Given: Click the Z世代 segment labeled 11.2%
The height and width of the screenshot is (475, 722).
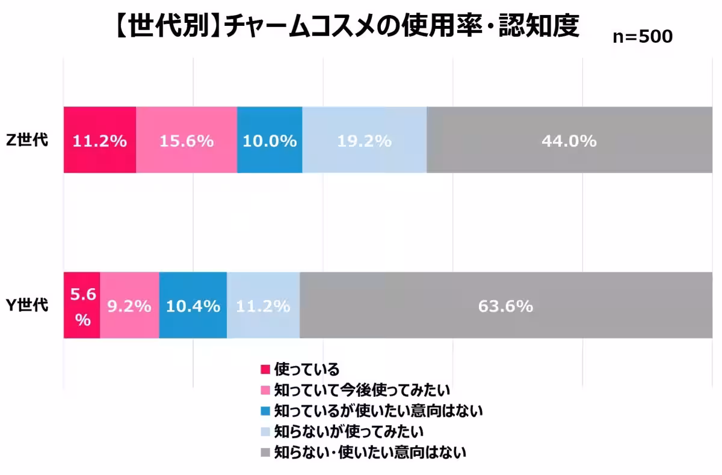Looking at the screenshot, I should point(100,140).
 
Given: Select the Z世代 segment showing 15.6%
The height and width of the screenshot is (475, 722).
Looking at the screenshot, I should point(187,140).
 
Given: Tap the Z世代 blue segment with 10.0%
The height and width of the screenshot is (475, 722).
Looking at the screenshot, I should point(270,140).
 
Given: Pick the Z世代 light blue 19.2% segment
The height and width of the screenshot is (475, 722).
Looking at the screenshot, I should point(364,140).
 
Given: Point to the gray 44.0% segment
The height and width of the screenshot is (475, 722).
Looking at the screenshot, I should point(569,140).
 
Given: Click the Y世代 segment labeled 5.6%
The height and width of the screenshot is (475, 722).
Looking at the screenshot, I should point(82,305).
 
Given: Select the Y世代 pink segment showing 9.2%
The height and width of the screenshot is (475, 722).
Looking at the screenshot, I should point(129,305).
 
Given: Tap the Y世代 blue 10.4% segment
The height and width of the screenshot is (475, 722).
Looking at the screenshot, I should point(193,305).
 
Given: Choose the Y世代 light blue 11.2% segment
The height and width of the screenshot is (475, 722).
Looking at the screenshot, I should point(263,305).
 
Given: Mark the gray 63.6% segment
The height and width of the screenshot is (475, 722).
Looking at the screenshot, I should point(505,305).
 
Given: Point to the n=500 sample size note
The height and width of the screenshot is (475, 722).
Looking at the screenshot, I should point(642,37).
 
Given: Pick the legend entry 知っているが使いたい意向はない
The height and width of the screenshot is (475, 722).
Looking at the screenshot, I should point(378,411).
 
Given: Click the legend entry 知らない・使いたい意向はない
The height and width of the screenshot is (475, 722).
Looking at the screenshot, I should point(369,452).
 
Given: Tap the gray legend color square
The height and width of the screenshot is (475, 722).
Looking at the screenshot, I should point(265,452).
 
